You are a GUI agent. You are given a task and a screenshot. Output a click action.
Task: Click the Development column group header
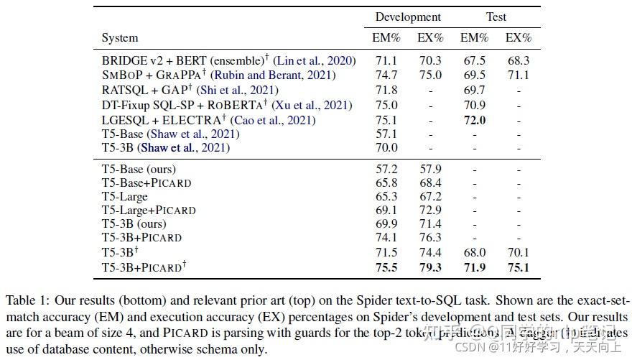(408, 17)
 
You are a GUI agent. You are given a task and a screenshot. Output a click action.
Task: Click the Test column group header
(496, 17)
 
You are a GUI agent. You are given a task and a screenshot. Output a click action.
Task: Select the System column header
(120, 38)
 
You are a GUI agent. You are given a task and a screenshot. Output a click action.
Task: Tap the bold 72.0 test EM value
(474, 121)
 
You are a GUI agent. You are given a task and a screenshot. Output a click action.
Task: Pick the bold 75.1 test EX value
(518, 268)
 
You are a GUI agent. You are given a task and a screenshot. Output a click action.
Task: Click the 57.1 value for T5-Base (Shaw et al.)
(386, 134)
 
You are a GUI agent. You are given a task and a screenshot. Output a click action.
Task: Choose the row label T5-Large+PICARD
(149, 210)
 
